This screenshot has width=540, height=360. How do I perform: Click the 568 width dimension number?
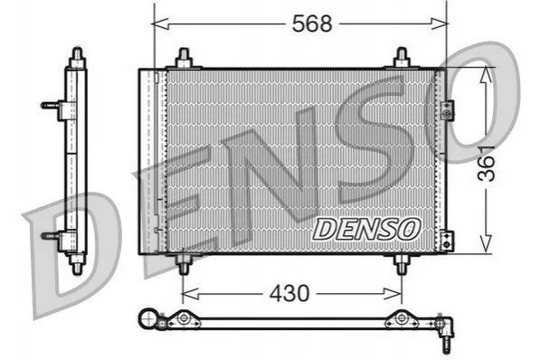[x=312, y=24]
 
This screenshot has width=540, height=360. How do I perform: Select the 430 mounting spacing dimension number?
[x=289, y=293]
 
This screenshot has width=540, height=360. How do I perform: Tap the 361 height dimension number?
[x=487, y=164]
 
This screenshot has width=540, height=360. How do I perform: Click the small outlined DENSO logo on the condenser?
[x=366, y=230]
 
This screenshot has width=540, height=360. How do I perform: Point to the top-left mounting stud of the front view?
[x=184, y=58]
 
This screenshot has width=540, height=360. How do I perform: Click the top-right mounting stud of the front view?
[x=402, y=58]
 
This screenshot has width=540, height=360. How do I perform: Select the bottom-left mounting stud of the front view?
[x=184, y=265]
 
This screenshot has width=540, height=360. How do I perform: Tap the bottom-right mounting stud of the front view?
[x=402, y=265]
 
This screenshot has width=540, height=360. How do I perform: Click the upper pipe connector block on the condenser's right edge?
[x=448, y=111]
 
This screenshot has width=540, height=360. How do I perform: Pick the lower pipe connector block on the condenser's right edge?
[x=447, y=241]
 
